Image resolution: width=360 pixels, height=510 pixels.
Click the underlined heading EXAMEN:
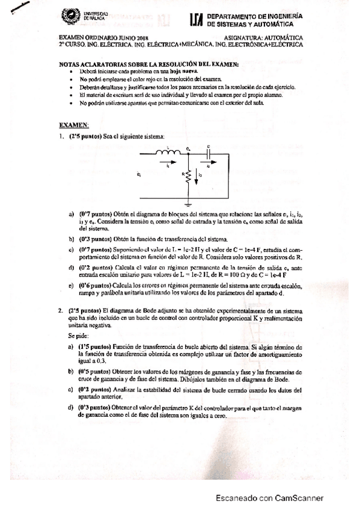point(73,125)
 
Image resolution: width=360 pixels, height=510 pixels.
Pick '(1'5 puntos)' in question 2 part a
point(94,347)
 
